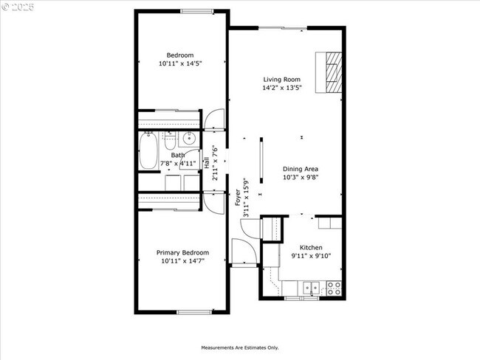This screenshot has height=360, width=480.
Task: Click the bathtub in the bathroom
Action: pyautogui.click(x=148, y=151)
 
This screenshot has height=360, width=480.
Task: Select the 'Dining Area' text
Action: pyautogui.click(x=301, y=169)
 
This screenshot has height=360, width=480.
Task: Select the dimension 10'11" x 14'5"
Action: pyautogui.click(x=180, y=64)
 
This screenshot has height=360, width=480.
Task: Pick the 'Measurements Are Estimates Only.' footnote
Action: pyautogui.click(x=240, y=347)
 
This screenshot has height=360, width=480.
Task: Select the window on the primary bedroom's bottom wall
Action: pyautogui.click(x=194, y=311)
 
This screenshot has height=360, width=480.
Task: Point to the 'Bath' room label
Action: pyautogui.click(x=178, y=156)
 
